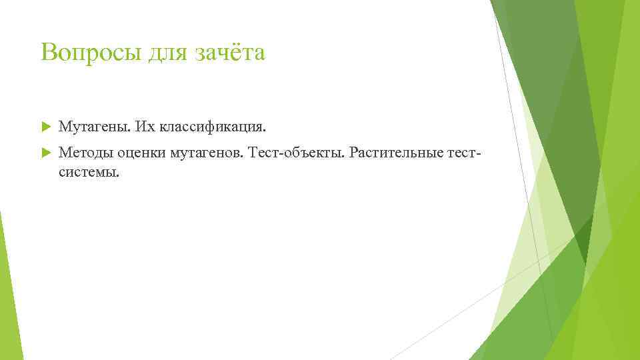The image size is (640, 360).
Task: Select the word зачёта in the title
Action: (230, 52)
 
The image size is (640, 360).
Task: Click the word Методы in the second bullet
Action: (86, 153)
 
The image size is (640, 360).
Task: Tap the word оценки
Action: (142, 153)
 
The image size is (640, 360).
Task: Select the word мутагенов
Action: (207, 153)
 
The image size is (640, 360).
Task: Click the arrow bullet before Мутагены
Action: (45, 126)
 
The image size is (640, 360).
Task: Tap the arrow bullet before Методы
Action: (45, 153)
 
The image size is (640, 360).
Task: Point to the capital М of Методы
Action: (64, 153)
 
